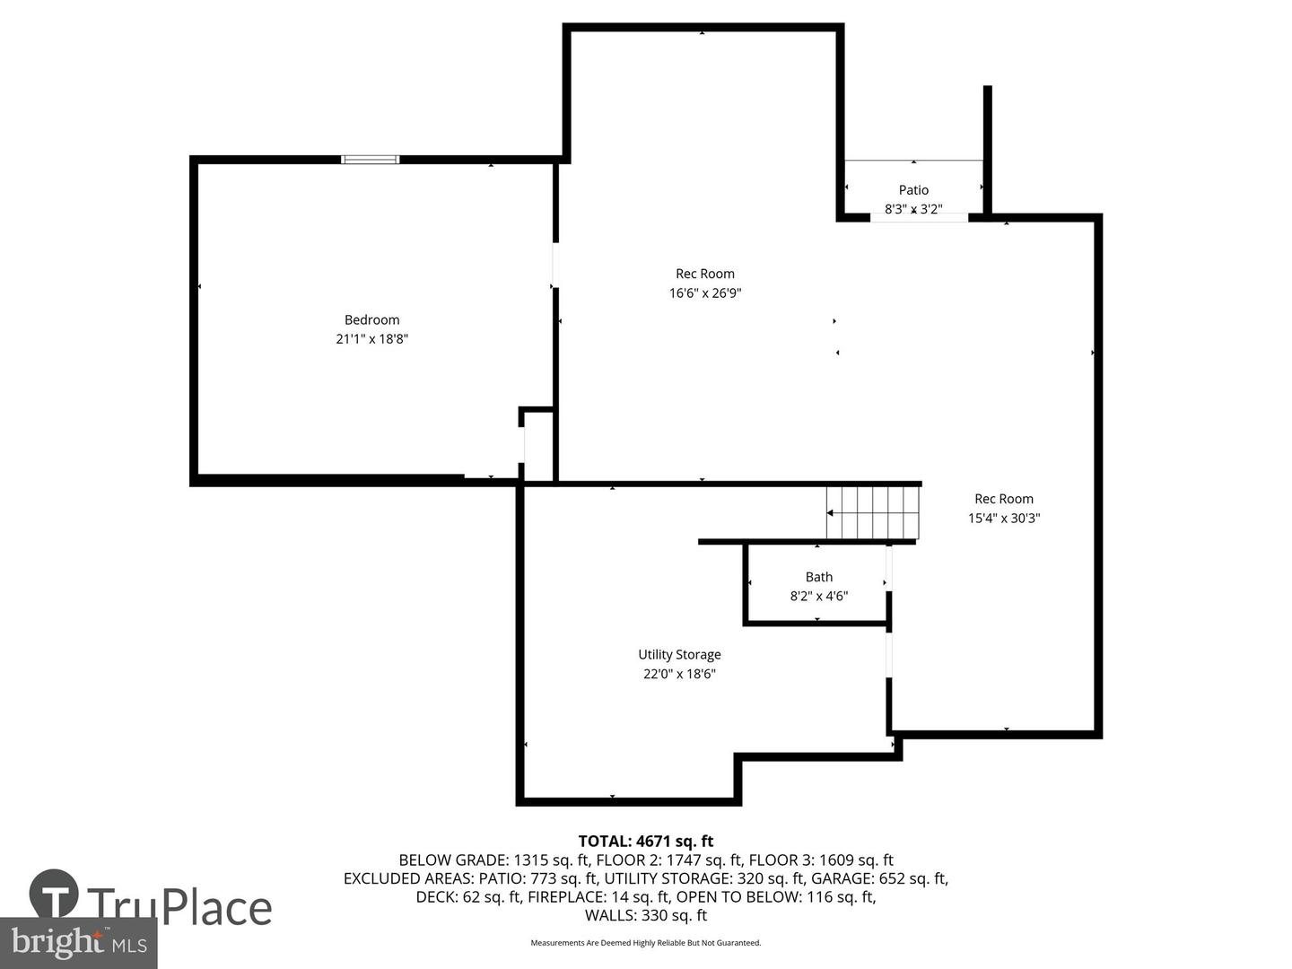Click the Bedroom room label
[x=371, y=319]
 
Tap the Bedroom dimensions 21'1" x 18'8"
[x=371, y=339]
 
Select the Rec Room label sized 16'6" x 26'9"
[x=705, y=274]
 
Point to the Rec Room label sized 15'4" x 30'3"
[x=1004, y=499]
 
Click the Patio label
[x=913, y=189]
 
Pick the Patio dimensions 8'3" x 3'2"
[x=913, y=209]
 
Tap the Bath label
[x=818, y=577]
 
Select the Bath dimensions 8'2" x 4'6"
[x=818, y=596]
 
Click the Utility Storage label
[x=679, y=655]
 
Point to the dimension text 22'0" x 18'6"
[x=679, y=674]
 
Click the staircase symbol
[x=873, y=512]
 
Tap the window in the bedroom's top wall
[x=371, y=160]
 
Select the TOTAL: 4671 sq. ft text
[x=645, y=841]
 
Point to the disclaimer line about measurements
[x=645, y=943]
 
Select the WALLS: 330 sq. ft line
[x=645, y=915]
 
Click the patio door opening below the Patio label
[x=919, y=217]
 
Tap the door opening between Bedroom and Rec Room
[x=554, y=265]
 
